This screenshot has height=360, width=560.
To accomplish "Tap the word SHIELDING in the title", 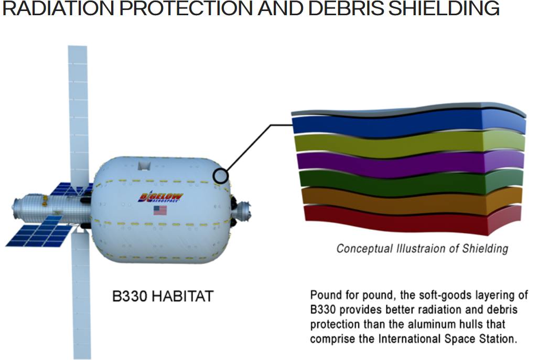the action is (444, 8).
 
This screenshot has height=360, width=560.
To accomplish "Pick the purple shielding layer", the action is (411, 164).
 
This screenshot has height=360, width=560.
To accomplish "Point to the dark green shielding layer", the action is (411, 183).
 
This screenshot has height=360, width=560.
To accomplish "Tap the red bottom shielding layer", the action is (413, 220).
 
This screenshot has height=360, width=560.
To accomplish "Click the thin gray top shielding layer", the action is (408, 110).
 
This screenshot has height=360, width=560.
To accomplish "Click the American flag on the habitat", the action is (160, 210).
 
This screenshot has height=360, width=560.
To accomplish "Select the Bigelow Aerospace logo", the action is (160, 197).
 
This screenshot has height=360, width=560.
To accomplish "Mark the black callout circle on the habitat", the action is (221, 176).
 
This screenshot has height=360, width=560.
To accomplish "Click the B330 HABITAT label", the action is (163, 297).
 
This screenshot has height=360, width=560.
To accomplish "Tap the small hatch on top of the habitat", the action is (144, 166).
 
